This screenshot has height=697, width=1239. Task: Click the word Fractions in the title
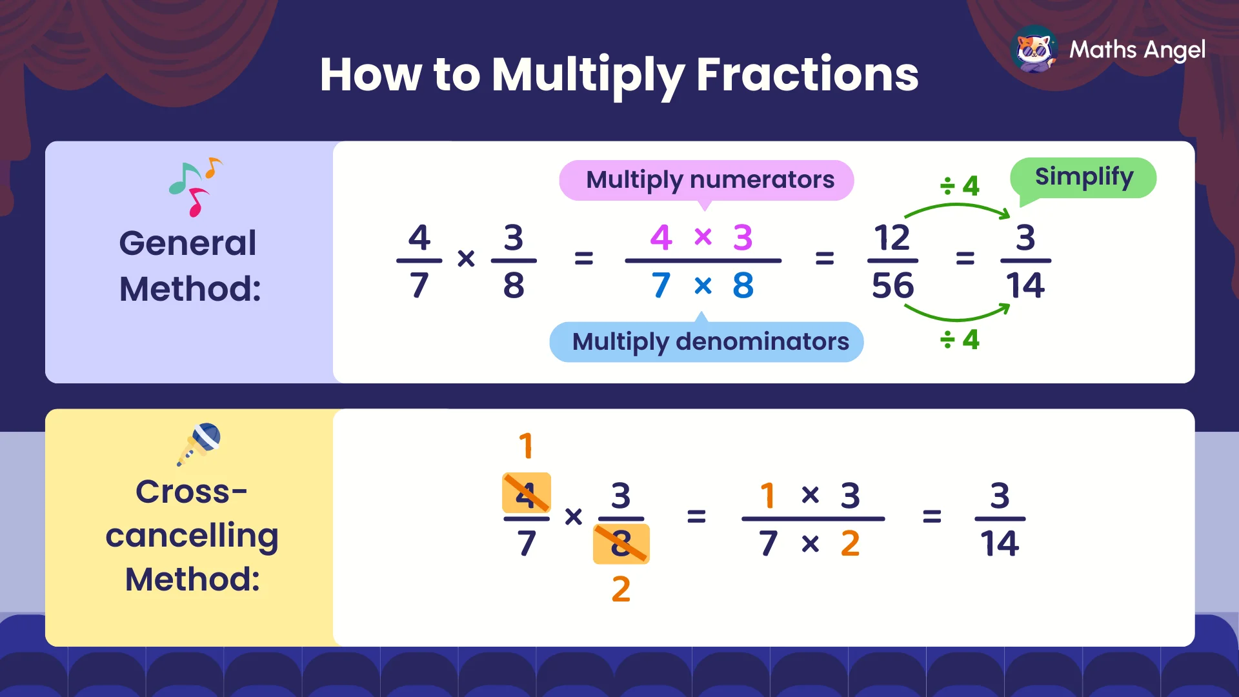(807, 75)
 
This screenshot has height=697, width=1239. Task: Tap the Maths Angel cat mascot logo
(1034, 50)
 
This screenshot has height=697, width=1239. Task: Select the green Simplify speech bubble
(1084, 177)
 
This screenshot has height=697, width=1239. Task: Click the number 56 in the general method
(893, 286)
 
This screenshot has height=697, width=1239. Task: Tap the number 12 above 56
(892, 238)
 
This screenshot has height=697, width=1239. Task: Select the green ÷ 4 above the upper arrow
(960, 187)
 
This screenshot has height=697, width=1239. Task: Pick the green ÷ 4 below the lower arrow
(960, 339)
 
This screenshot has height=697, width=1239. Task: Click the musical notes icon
(196, 186)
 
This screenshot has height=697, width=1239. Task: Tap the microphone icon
(199, 444)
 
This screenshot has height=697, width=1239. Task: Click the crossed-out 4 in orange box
(526, 494)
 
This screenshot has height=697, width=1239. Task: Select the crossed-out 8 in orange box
(621, 544)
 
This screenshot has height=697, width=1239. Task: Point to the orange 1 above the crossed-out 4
(526, 446)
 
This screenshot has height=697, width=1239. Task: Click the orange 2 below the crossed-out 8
(621, 589)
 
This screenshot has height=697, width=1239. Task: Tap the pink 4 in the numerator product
(661, 238)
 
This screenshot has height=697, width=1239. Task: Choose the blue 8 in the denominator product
(743, 286)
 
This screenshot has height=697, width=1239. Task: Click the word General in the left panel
(188, 243)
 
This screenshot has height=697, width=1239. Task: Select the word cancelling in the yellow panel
(192, 536)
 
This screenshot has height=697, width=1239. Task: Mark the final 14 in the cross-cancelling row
(1000, 543)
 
